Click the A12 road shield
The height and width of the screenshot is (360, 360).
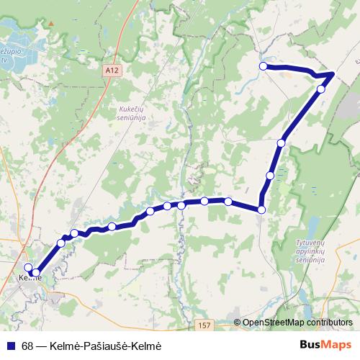click(110, 71)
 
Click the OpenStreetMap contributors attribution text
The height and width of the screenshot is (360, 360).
click(297, 323)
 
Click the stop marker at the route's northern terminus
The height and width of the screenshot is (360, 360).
click(264, 66)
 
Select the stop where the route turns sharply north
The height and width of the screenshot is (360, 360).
click(261, 210)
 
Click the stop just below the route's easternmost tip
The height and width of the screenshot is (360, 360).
click(321, 89)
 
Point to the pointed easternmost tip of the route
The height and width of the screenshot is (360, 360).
click(333, 73)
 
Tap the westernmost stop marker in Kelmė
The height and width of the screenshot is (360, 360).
click(29, 271)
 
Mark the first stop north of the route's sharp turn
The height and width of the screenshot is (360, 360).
click(270, 176)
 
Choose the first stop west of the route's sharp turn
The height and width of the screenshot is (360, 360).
click(228, 202)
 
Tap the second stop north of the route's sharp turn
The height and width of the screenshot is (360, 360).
click(281, 143)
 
